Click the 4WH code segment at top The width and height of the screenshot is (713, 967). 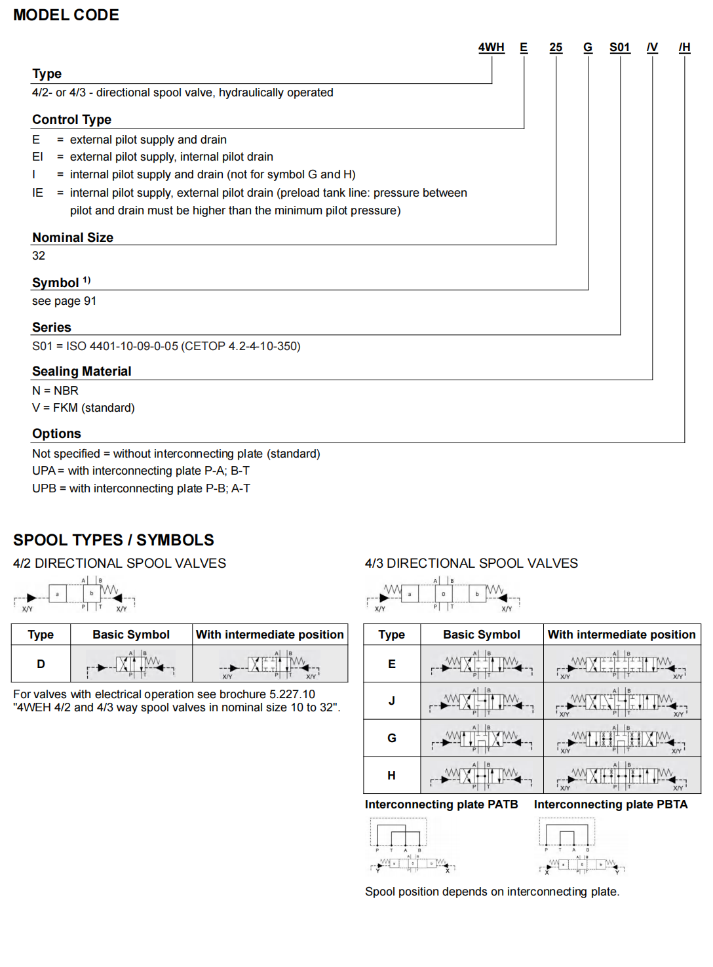click(x=491, y=47)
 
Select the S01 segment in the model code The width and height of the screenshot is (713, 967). click(x=619, y=47)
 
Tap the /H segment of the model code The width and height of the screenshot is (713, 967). click(x=684, y=47)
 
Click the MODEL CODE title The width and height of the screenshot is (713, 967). click(x=66, y=15)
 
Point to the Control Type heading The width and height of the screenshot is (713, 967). click(x=71, y=119)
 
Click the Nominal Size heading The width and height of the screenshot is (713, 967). click(x=73, y=237)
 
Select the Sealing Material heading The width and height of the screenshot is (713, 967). click(x=82, y=371)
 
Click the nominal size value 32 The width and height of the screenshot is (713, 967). click(x=39, y=256)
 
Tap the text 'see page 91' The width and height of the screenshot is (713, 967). click(x=64, y=301)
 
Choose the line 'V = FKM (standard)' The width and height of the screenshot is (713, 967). click(x=83, y=408)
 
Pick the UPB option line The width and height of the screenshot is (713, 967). click(x=141, y=488)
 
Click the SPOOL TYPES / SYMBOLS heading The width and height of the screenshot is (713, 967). click(x=113, y=540)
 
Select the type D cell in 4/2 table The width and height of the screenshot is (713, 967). click(x=41, y=664)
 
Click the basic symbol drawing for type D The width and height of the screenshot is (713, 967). click(x=131, y=664)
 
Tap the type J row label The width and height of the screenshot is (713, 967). click(x=392, y=701)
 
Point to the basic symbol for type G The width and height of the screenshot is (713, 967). click(x=482, y=738)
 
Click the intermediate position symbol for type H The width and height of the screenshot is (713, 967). click(x=622, y=776)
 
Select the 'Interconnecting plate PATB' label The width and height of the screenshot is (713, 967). click(x=441, y=804)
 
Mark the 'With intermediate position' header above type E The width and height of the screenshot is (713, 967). click(x=622, y=635)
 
